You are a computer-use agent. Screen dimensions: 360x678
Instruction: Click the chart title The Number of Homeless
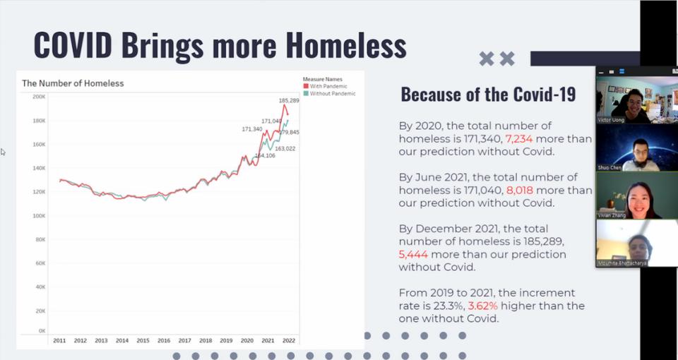[x=73, y=83]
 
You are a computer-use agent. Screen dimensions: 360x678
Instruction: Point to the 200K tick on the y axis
[x=40, y=97]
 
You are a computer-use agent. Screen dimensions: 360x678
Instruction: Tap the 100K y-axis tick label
[x=40, y=215]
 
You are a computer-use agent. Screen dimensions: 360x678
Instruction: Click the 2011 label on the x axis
[x=59, y=340]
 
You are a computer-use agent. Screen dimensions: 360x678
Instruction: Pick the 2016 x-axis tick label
[x=163, y=340]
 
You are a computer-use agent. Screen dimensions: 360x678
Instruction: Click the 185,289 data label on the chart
[x=289, y=100]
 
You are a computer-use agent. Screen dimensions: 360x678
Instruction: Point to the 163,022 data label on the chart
[x=285, y=149]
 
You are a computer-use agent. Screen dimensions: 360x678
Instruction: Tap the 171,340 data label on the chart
[x=252, y=129]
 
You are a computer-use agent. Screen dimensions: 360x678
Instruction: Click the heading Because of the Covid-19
[x=488, y=94]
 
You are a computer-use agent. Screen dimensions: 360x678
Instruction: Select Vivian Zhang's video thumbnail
[x=623, y=195]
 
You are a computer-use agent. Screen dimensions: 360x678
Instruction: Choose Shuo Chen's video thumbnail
[x=623, y=146]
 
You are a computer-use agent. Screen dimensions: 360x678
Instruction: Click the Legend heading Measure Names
[x=323, y=79]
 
